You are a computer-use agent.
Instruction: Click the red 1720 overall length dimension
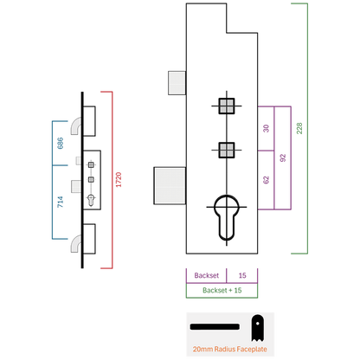pos(119,180)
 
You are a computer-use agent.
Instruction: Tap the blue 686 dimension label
pos(61,143)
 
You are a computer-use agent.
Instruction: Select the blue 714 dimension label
pos(60,202)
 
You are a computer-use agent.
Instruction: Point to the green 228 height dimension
pos(299,128)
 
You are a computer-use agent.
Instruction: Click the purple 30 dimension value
pos(266,128)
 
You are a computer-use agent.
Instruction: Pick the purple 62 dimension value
pos(266,180)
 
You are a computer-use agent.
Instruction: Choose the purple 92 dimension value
pos(283,158)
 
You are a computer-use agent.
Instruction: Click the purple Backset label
pos(207,275)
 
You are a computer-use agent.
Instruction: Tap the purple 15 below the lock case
pos(242,275)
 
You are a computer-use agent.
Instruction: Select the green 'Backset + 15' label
pos(222,290)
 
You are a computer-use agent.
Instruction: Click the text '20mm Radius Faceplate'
pos(230,349)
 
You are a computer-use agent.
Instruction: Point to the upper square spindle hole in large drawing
pos(227,106)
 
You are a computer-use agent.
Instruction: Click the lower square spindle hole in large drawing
pos(227,150)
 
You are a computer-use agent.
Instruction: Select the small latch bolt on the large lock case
pos(177,83)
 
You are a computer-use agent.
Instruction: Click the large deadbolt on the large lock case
pos(170,186)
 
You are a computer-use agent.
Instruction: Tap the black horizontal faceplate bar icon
pos(215,327)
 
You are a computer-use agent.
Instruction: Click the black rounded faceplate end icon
pos(257,328)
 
